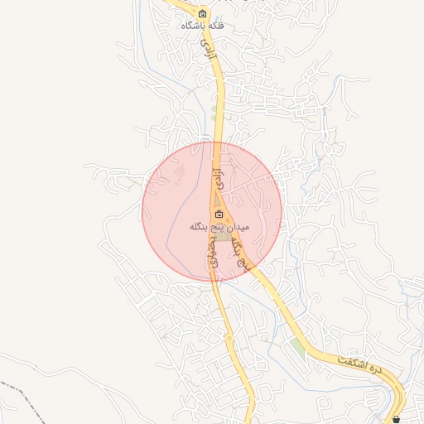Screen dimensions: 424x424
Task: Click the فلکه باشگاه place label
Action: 204,26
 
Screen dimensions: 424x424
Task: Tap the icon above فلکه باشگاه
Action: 204,14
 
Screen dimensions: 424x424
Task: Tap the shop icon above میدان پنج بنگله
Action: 219,214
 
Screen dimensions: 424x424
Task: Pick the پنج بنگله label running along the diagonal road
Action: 241,249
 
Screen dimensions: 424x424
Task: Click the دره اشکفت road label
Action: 362,366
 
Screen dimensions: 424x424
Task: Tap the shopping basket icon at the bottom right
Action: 397,419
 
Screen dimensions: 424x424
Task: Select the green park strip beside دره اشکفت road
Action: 297,345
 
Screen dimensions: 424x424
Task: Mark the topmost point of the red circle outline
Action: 212,142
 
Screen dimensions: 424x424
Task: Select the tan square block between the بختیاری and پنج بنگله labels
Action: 224,238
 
